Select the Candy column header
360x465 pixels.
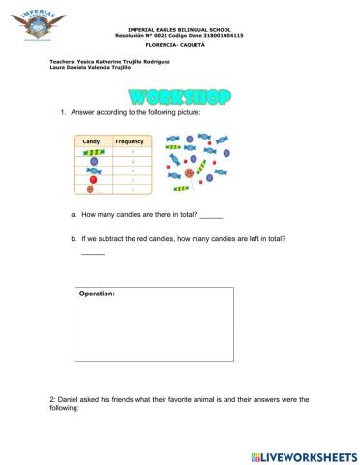[x=91, y=141]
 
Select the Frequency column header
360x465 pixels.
[x=130, y=141]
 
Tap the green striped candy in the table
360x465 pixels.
[x=93, y=153]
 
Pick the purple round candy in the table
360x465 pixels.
[x=93, y=162]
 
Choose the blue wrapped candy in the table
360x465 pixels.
[x=93, y=171]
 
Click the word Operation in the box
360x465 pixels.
[x=97, y=293]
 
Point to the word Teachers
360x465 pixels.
[x=61, y=61]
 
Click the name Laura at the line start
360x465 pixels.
[x=56, y=67]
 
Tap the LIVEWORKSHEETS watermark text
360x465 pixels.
[x=310, y=454]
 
